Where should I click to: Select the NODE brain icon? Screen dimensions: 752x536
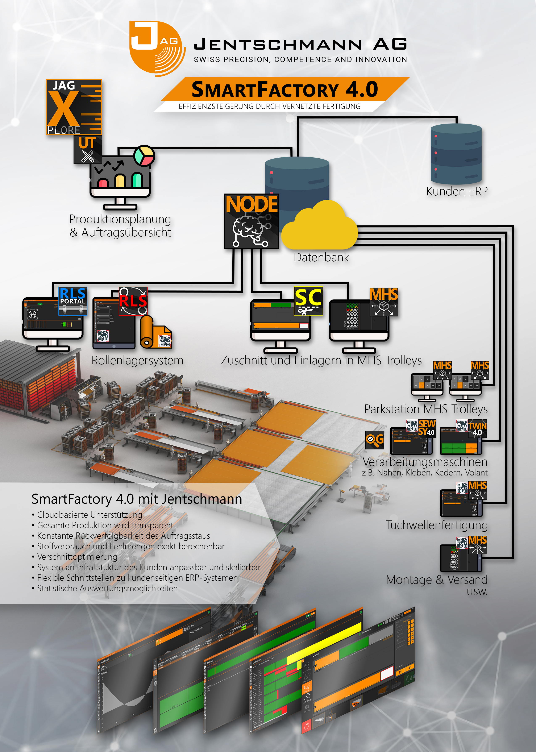pos(252,221)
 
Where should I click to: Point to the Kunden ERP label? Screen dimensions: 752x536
pos(457,191)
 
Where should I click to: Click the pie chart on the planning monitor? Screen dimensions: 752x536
pos(144,155)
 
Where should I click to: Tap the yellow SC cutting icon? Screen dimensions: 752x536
pos(308,301)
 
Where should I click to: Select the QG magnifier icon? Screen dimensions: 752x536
pos(375,440)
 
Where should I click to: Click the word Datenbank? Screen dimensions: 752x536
pos(321,257)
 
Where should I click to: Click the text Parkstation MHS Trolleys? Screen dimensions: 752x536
pos(426,409)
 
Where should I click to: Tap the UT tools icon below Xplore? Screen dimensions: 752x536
pos(87,149)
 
